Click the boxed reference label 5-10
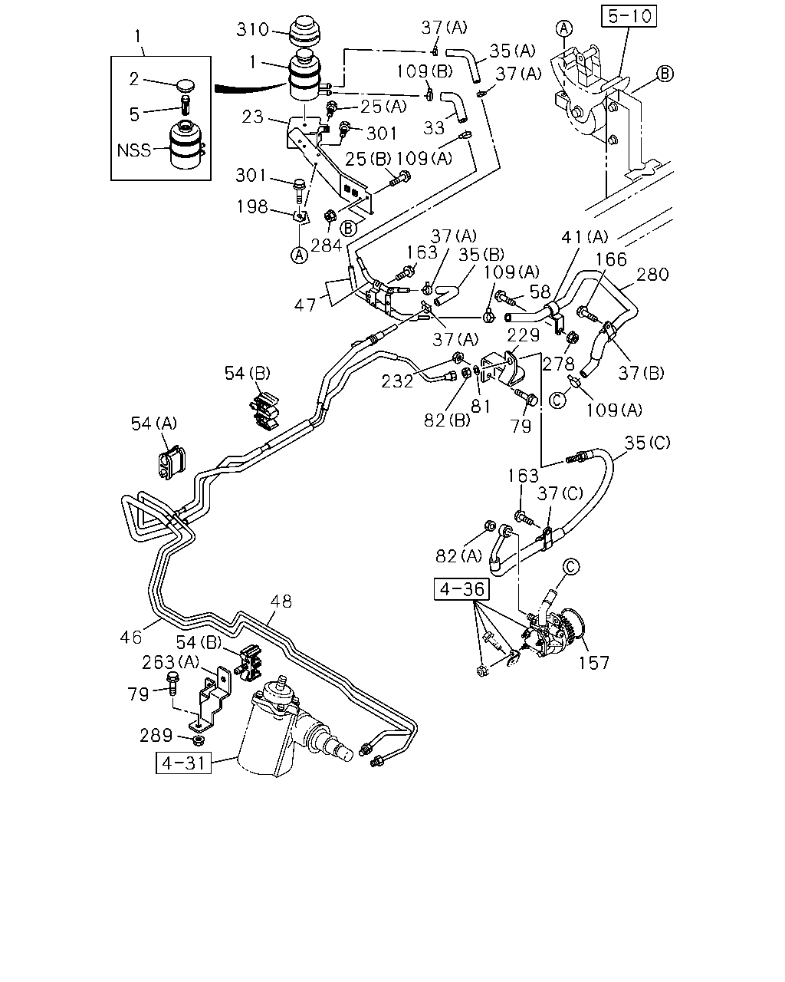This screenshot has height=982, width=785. (629, 16)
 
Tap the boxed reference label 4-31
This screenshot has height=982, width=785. (183, 763)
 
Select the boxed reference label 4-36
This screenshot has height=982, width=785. (461, 589)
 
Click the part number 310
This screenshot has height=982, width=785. (252, 30)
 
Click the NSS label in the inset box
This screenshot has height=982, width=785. (133, 150)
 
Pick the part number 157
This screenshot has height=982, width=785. (594, 663)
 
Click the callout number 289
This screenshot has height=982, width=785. (156, 736)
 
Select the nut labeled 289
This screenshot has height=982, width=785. (199, 740)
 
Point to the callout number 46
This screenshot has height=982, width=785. (131, 638)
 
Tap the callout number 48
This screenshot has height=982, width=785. (281, 601)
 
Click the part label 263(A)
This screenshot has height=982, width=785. (171, 662)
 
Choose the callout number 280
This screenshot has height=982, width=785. (652, 275)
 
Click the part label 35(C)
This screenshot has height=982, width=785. (647, 442)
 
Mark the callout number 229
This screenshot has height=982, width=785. (523, 335)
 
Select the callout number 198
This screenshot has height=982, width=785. (251, 206)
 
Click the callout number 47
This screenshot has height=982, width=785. (304, 305)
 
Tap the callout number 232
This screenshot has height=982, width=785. (397, 381)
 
